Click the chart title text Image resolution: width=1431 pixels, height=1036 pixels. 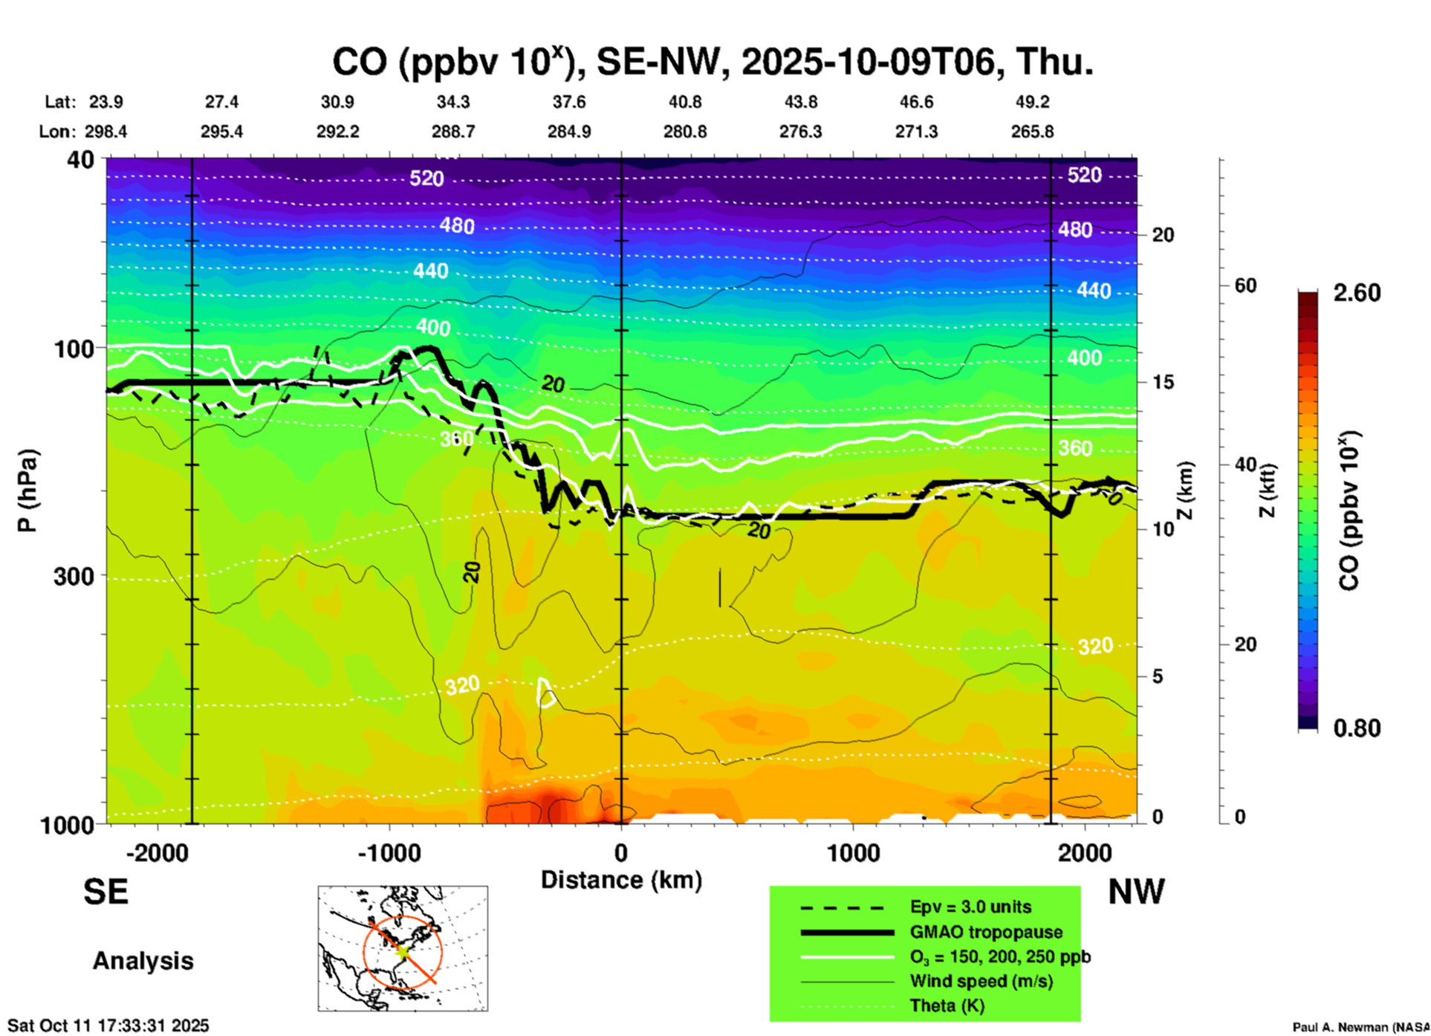pyautogui.click(x=712, y=62)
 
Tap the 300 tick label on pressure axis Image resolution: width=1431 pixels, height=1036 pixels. pyautogui.click(x=74, y=576)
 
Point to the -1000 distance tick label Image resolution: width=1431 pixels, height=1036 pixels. pyautogui.click(x=389, y=853)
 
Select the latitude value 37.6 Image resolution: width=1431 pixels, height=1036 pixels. pyautogui.click(x=569, y=102)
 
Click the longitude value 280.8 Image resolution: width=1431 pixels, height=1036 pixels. pyautogui.click(x=684, y=132)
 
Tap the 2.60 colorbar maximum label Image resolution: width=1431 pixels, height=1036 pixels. pyautogui.click(x=1357, y=293)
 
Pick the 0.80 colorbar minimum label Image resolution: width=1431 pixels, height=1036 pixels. pyautogui.click(x=1357, y=728)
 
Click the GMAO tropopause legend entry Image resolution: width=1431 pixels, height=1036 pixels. pyautogui.click(x=986, y=932)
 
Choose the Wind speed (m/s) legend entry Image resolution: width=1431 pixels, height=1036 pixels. pyautogui.click(x=981, y=981)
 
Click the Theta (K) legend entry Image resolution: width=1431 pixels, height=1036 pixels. pyautogui.click(x=947, y=1006)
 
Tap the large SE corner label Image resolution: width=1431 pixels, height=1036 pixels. pyautogui.click(x=106, y=892)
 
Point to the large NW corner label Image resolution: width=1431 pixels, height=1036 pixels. pyautogui.click(x=1136, y=892)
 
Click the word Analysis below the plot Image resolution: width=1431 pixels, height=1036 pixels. pyautogui.click(x=143, y=961)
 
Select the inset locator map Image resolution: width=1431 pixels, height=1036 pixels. pyautogui.click(x=403, y=948)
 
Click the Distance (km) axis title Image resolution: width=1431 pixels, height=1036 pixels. pyautogui.click(x=621, y=880)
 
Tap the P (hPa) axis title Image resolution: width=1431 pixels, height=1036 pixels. pyautogui.click(x=27, y=491)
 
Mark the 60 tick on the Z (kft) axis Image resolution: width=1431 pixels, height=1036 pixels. pyautogui.click(x=1245, y=285)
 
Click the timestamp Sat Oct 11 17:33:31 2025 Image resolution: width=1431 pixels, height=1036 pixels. pyautogui.click(x=108, y=1026)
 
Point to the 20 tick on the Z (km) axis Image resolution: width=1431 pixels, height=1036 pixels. pyautogui.click(x=1163, y=235)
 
